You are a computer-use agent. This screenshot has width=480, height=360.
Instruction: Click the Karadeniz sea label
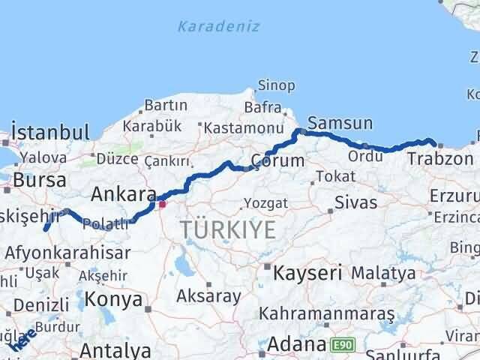pyautogui.click(x=218, y=26)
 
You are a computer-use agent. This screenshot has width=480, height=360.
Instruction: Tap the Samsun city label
pyautogui.click(x=340, y=123)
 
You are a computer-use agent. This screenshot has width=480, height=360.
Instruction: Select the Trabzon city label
pyautogui.click(x=440, y=159)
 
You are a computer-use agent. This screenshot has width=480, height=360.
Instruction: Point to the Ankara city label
pyautogui.click(x=123, y=195)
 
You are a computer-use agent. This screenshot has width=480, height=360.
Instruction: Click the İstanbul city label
pyautogui.click(x=52, y=133)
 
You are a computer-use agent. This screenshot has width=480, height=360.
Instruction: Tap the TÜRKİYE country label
pyautogui.click(x=228, y=229)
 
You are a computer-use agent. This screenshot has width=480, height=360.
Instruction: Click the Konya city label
pyautogui.click(x=115, y=299)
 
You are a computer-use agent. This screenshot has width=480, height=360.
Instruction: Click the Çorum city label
pyautogui.click(x=279, y=160)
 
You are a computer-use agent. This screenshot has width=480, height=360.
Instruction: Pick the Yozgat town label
pyautogui.click(x=265, y=203)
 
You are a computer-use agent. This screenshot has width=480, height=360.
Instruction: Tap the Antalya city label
pyautogui.click(x=115, y=350)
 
